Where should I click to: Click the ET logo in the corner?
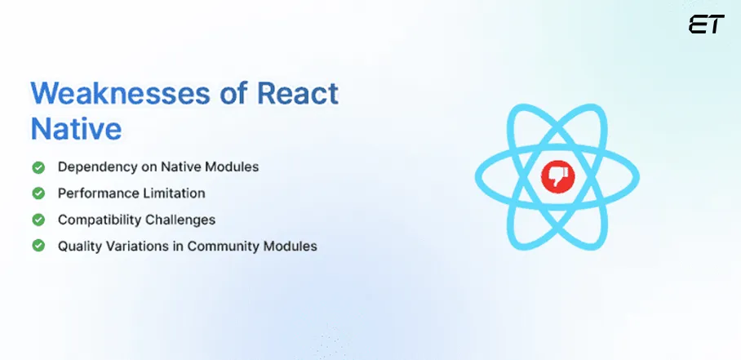(706, 25)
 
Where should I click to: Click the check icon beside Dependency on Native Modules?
(38, 167)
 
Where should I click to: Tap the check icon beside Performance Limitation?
(38, 193)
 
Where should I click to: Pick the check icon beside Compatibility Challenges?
(38, 220)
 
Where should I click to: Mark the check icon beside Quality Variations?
(38, 245)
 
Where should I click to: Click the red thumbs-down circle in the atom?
(558, 177)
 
